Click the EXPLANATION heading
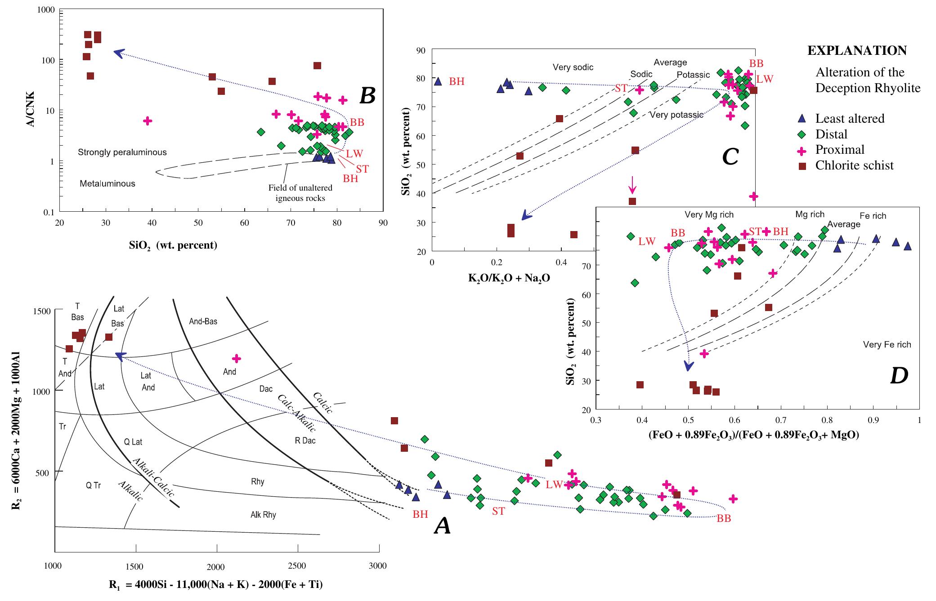[x=857, y=51]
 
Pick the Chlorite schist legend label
[x=854, y=165]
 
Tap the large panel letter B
[x=367, y=95]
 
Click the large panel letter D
[x=899, y=376]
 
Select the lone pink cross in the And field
[x=237, y=358]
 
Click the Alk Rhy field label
[x=263, y=515]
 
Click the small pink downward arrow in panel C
[x=632, y=184]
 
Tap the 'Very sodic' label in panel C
[x=573, y=67]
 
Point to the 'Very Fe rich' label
[x=887, y=345]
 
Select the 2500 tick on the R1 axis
[x=297, y=565]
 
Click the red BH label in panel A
[x=420, y=515]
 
